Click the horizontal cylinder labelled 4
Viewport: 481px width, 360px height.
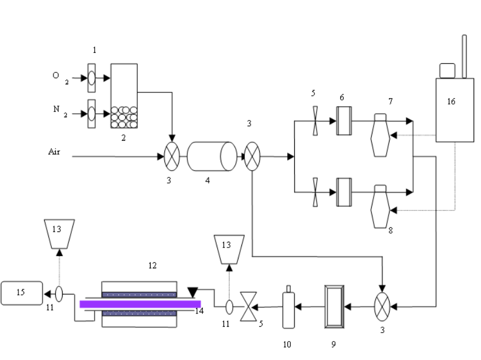click(212, 156)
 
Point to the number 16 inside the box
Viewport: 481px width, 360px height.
click(451, 102)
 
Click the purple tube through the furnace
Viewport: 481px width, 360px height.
click(140, 304)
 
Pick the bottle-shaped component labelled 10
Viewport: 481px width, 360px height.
click(288, 309)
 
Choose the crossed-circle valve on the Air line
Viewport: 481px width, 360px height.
click(172, 156)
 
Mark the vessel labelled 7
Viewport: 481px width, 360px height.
click(380, 135)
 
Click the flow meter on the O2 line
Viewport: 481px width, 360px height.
click(91, 79)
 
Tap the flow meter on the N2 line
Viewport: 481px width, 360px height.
click(91, 111)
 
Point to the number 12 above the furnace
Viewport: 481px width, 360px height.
click(152, 266)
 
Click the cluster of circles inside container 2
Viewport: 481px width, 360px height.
click(124, 117)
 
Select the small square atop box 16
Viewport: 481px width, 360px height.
click(447, 69)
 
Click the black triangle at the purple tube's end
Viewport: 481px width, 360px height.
click(193, 293)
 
